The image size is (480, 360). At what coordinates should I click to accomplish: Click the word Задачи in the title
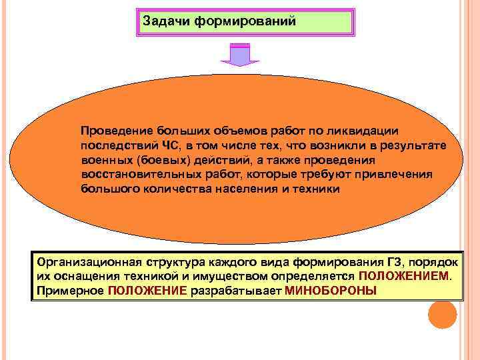click(163, 21)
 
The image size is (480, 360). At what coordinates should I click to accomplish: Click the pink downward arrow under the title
click(239, 55)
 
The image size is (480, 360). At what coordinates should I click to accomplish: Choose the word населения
click(248, 189)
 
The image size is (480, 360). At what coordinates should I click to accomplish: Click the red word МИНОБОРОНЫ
click(330, 291)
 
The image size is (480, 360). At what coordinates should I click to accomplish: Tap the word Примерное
click(70, 291)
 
